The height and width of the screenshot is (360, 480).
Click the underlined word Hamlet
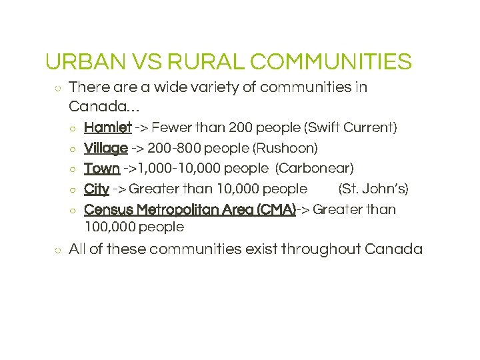[x=107, y=127]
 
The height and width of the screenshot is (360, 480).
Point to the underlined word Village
[x=105, y=147]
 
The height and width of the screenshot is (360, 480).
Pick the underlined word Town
[x=101, y=168]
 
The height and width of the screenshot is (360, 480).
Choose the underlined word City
[x=96, y=189]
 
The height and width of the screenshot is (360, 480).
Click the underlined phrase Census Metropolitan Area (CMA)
[x=189, y=209]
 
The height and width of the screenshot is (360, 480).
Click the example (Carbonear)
[x=315, y=168]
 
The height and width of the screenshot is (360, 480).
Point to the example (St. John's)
[x=373, y=189]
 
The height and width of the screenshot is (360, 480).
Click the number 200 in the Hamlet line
[x=239, y=127]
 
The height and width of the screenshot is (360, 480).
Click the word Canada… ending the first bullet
[x=103, y=106]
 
